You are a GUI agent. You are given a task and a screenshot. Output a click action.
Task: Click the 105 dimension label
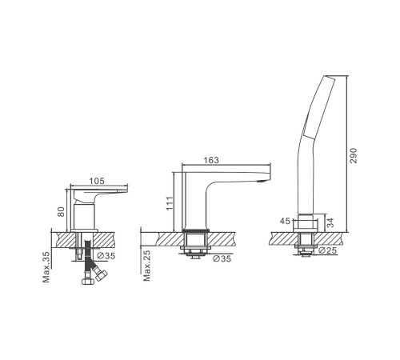point(97,181)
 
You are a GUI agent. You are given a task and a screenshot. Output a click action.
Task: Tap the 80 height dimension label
point(62,212)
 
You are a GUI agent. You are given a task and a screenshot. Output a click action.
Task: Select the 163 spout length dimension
point(211,160)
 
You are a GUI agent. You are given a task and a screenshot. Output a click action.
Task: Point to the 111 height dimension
point(170,203)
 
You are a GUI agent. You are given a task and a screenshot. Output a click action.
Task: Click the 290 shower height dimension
point(353,155)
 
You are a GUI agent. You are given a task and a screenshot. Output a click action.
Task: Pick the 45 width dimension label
point(285,221)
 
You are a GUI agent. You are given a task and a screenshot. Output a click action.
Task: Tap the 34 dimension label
point(330,222)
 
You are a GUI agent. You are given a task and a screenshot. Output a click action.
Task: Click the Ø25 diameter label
point(327,250)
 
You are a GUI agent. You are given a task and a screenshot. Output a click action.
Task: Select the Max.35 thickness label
point(46,267)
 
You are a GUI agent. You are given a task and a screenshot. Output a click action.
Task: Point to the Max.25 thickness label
point(146,266)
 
